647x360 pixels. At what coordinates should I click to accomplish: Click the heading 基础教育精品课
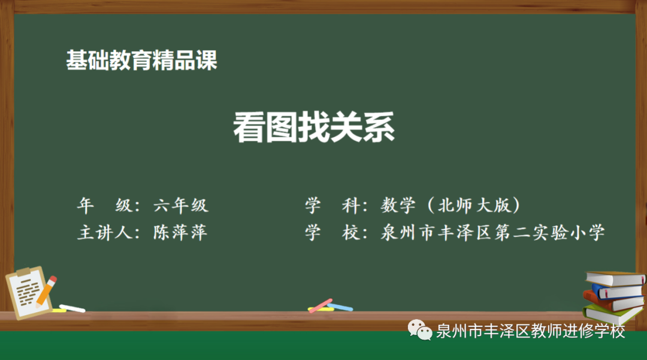[141, 60]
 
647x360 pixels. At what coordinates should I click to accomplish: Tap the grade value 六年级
[180, 205]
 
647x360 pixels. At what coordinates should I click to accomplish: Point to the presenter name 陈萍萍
[180, 232]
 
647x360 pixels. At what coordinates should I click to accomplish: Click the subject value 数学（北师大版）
[451, 205]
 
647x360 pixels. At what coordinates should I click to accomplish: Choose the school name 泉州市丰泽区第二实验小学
[492, 232]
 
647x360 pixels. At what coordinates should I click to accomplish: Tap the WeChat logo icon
[420, 329]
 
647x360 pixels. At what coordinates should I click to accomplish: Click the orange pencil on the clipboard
[46, 291]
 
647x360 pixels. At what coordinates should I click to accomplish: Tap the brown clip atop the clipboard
[23, 273]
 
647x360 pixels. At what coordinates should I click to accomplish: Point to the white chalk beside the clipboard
[72, 308]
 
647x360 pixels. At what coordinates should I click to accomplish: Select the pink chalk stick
[321, 304]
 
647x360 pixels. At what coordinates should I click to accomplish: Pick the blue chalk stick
[340, 307]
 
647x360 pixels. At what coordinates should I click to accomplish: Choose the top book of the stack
[614, 278]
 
